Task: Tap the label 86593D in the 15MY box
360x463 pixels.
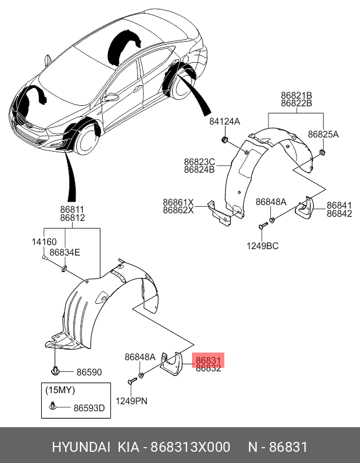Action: tap(89, 408)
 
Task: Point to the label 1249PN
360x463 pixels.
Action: tap(131, 401)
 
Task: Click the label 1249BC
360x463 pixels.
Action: tap(263, 245)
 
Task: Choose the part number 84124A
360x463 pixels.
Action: tap(225, 122)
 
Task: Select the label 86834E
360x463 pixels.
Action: tap(65, 252)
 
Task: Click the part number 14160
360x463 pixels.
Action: tap(44, 241)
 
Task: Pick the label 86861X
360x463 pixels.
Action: tap(178, 202)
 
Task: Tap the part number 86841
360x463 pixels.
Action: tap(339, 205)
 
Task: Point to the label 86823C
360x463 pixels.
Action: tap(199, 162)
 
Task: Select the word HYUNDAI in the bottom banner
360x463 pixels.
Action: tap(81, 448)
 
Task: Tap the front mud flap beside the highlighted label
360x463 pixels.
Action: tap(172, 364)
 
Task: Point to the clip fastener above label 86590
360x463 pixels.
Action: tap(55, 370)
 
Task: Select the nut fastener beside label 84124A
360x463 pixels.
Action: tap(226, 140)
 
